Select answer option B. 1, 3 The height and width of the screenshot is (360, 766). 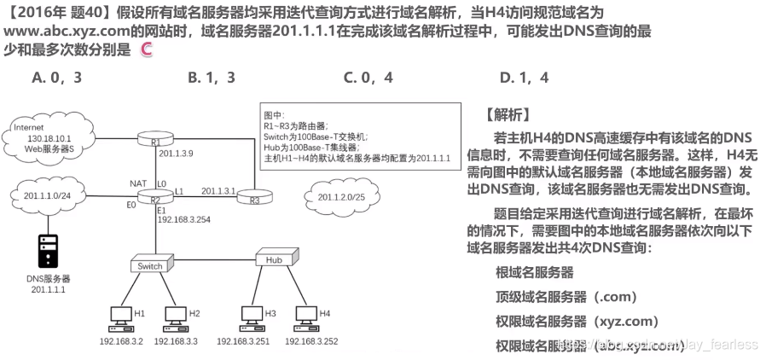pos(211,78)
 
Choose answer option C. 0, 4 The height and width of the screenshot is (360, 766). pos(368,78)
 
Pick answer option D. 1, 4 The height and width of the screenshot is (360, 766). pos(524,78)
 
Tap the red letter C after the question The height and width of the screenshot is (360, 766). pos(146,50)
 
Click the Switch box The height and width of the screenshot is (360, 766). pos(150,266)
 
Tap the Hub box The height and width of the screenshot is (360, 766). pos(274,258)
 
